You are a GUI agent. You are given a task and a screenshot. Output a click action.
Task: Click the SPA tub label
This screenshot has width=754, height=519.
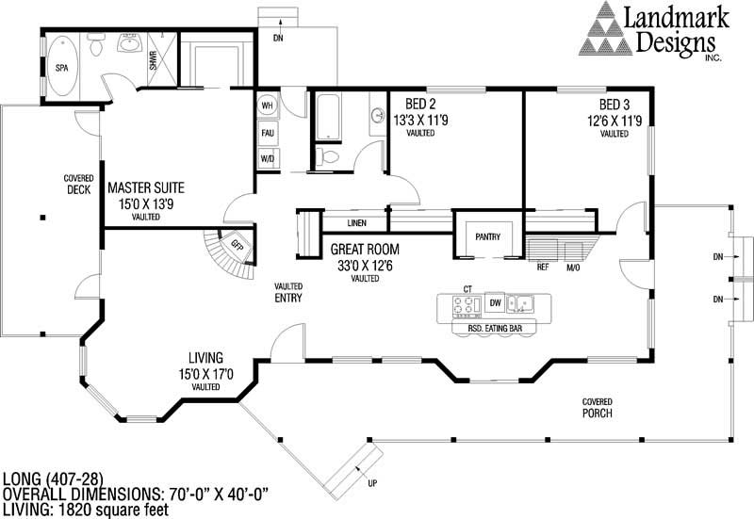[x=61, y=69]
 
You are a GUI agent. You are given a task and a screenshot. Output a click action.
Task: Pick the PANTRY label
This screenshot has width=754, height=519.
[x=486, y=237]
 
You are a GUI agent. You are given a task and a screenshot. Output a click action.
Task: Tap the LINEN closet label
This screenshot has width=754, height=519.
[x=356, y=224]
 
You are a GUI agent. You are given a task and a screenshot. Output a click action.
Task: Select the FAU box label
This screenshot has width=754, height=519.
[x=267, y=133]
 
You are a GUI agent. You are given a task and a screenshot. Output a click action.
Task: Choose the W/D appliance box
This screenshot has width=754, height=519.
[x=267, y=159]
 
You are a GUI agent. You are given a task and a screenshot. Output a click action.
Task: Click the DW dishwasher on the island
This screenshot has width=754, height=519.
[x=495, y=303]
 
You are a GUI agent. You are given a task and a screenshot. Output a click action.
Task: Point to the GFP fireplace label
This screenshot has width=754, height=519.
[x=236, y=245]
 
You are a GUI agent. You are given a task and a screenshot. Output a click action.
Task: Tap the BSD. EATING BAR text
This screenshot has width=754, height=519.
[x=495, y=328]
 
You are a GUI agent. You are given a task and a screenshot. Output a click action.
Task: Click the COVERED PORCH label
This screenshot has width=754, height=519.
[x=598, y=407]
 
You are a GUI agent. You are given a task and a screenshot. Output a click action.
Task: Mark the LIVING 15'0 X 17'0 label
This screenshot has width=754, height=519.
[x=205, y=365]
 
